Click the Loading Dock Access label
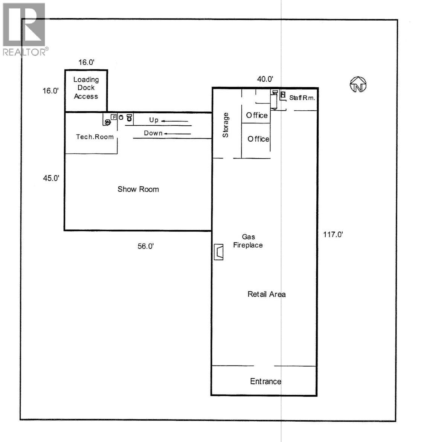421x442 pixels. (86, 88)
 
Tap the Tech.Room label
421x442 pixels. (95, 137)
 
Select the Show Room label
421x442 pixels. (138, 189)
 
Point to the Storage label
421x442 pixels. (226, 125)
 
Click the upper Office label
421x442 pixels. (257, 116)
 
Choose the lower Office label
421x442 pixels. (258, 139)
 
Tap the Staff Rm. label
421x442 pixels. (302, 98)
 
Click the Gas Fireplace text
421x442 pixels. (248, 241)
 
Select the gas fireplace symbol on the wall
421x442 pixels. (218, 252)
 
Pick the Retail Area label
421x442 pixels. (267, 294)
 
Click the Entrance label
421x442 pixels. (265, 381)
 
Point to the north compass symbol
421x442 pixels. (358, 85)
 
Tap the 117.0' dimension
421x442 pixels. (333, 235)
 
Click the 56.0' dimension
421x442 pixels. (146, 246)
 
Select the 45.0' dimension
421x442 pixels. (51, 178)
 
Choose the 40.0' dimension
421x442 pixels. (265, 79)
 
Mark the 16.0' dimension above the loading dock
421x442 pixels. (86, 62)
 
